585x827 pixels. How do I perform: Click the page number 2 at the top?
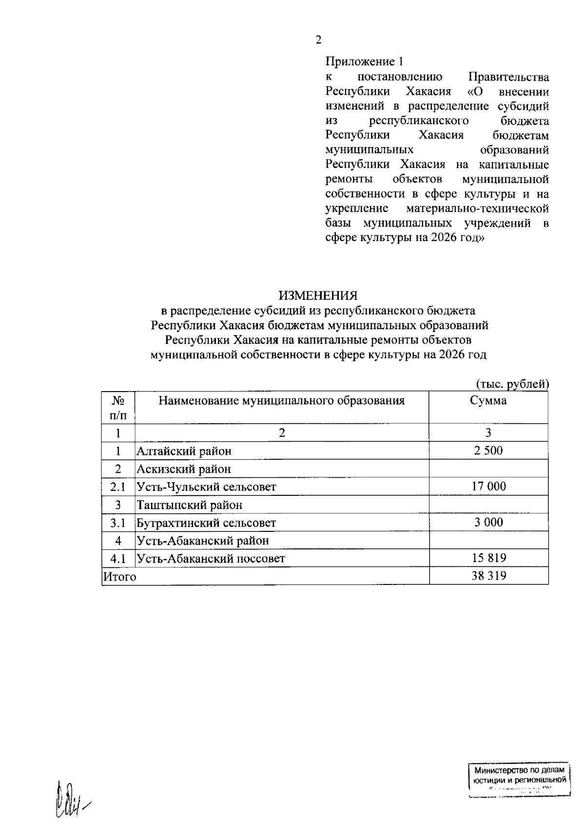click(318, 40)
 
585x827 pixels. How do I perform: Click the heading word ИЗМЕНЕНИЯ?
click(318, 296)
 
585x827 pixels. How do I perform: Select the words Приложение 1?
click(365, 62)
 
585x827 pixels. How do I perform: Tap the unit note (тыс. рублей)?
click(512, 384)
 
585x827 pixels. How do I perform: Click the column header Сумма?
click(488, 401)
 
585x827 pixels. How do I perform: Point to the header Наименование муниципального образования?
click(281, 401)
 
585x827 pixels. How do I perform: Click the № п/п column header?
click(118, 408)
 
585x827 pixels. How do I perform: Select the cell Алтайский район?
click(184, 451)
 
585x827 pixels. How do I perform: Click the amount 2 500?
click(488, 451)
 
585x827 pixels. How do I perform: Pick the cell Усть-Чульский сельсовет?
click(206, 487)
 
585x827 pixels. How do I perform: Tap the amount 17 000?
click(488, 486)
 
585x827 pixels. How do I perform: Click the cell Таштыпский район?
click(189, 505)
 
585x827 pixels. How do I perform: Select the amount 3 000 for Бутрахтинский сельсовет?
click(488, 522)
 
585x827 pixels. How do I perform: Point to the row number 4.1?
click(118, 558)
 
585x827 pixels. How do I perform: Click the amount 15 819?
click(488, 558)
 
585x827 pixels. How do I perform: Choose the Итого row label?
click(119, 577)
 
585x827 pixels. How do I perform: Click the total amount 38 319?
click(488, 576)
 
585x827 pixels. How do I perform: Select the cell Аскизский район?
click(183, 469)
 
